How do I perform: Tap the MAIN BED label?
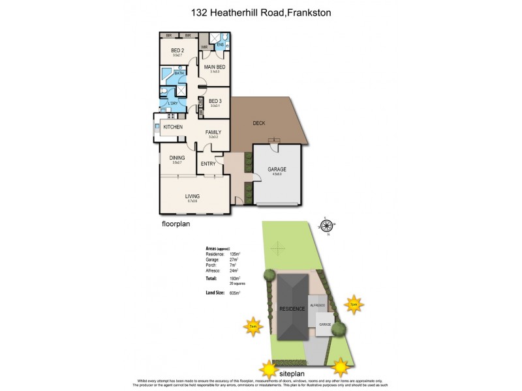(215, 67)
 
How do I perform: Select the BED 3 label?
(215, 101)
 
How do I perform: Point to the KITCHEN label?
(172, 127)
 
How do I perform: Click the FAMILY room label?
(213, 132)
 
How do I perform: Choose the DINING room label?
(177, 158)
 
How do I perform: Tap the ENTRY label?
(208, 164)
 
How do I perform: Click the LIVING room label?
(192, 196)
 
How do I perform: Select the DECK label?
(259, 122)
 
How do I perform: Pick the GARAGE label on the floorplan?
(277, 169)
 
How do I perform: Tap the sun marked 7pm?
(353, 304)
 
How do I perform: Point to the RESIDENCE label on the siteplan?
(292, 308)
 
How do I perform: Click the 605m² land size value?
(236, 294)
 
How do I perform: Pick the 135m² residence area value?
(236, 253)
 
